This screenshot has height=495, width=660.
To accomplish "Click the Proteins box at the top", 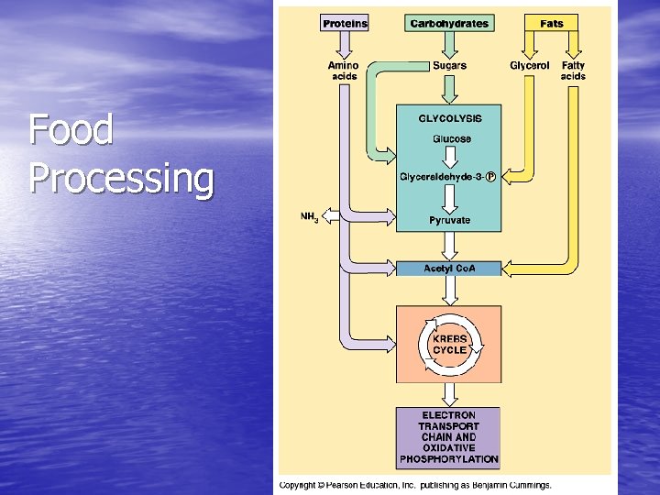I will (x=345, y=23).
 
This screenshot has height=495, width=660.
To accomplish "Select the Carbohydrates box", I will (x=449, y=23).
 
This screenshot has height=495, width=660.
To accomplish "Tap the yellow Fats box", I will (x=552, y=23).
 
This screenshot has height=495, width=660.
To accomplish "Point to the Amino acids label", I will (x=344, y=71).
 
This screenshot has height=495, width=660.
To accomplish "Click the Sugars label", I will (x=449, y=66).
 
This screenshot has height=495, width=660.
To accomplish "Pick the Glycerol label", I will (x=530, y=66).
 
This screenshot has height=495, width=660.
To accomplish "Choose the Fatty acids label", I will (x=573, y=71).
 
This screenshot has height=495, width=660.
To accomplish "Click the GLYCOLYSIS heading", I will (x=449, y=118).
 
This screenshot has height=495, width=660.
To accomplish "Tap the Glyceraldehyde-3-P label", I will (x=448, y=177).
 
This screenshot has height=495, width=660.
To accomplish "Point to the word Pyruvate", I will (x=449, y=220).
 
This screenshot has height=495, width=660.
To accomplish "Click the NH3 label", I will (x=310, y=217).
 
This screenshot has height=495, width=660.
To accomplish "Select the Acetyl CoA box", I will (x=449, y=269).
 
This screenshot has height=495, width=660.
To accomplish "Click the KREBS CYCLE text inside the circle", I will (x=449, y=344).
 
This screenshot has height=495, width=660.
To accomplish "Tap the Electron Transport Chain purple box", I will (x=448, y=437).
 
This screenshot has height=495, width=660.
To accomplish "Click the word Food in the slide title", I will (x=71, y=130).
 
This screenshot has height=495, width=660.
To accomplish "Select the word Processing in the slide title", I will (x=121, y=178).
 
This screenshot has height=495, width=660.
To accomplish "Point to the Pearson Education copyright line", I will (x=415, y=485).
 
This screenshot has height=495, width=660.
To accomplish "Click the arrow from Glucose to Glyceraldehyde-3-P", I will (x=450, y=157).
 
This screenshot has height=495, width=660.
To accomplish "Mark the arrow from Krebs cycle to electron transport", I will (x=449, y=393).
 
